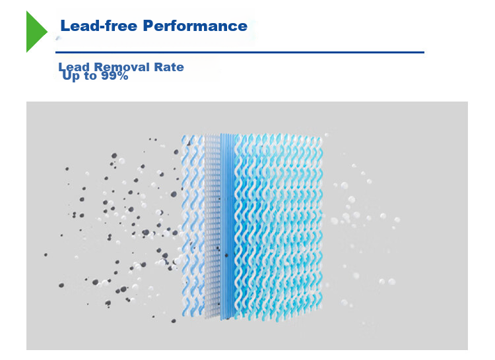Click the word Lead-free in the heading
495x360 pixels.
(98, 26)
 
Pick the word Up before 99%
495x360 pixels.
(71, 76)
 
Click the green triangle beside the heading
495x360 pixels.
(36, 30)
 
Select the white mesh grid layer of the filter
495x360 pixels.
(212, 224)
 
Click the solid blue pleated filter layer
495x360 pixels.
(227, 224)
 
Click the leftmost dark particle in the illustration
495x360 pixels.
(46, 255)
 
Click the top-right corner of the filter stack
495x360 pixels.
(323, 137)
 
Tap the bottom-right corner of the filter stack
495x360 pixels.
(323, 310)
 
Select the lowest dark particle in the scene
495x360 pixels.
(173, 320)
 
